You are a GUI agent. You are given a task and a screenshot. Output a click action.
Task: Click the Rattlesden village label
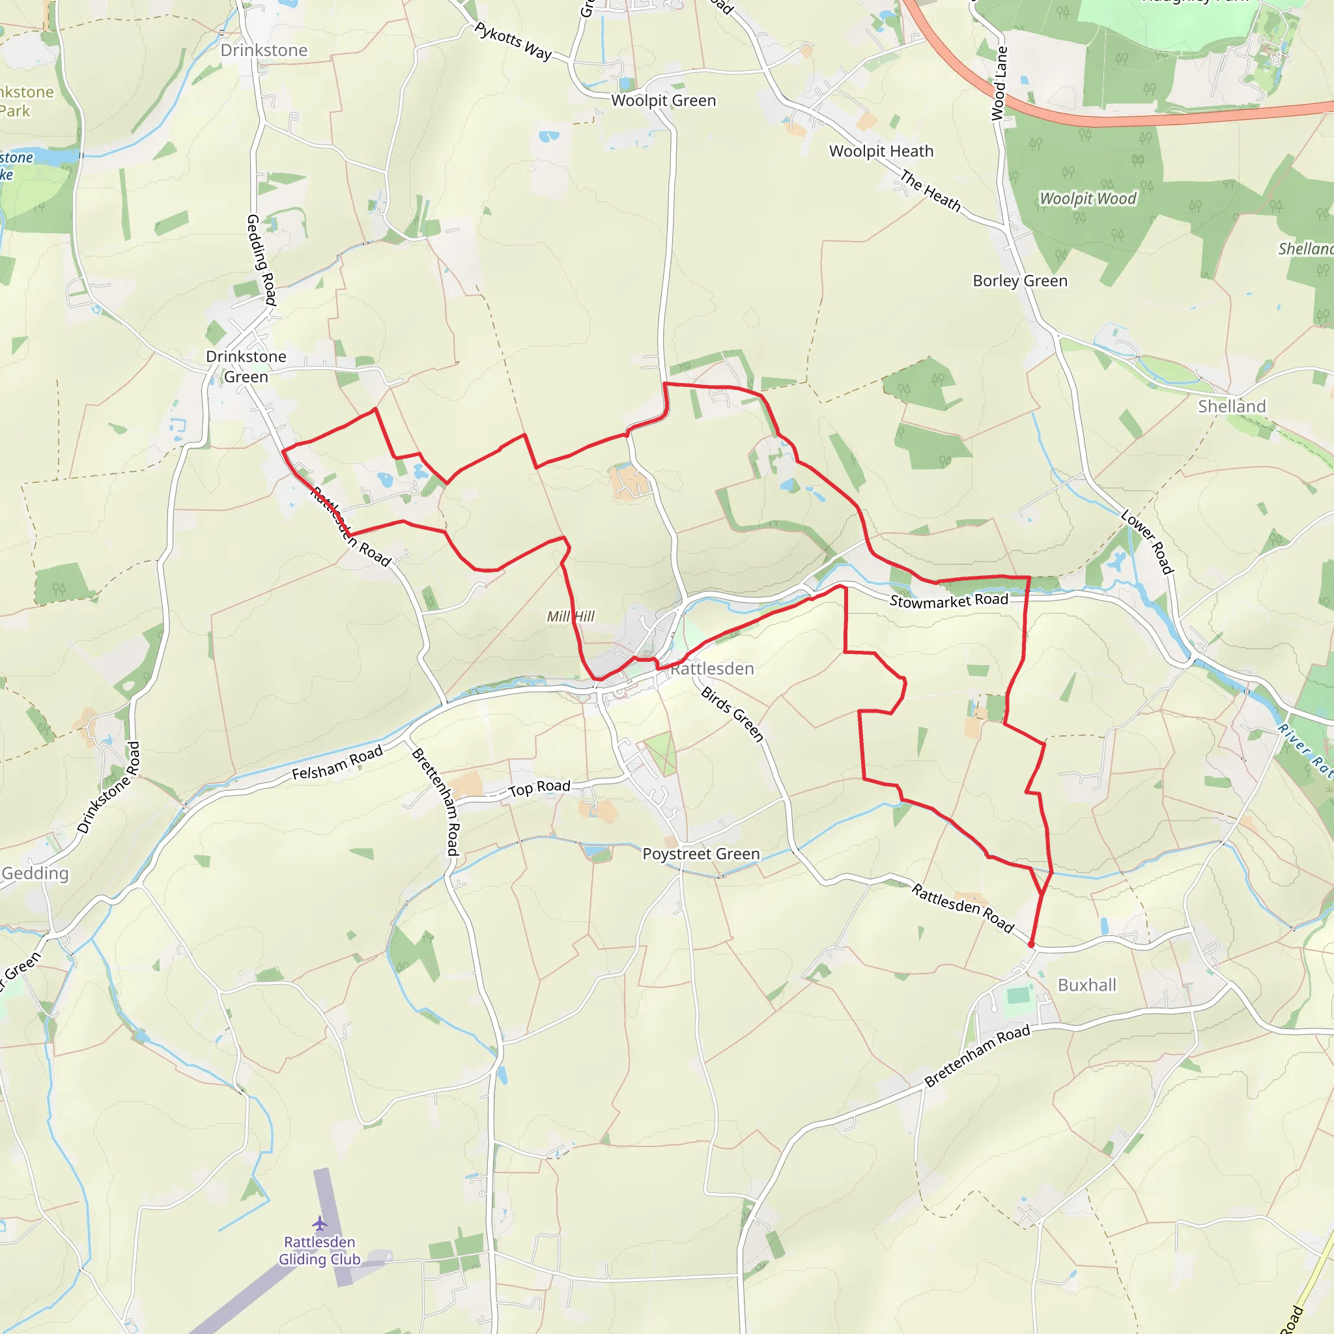tap(712, 668)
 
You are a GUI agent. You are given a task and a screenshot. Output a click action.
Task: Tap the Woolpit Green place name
tap(664, 101)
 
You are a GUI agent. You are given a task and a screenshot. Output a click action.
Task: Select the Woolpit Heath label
tap(881, 151)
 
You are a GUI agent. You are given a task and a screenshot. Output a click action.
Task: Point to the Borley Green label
tap(1020, 281)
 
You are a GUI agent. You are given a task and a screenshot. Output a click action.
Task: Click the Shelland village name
tap(1232, 406)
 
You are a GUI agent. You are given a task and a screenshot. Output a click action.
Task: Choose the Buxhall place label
tap(1087, 985)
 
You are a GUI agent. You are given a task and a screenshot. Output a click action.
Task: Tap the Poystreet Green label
tap(701, 854)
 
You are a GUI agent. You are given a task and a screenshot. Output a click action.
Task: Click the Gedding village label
tap(35, 873)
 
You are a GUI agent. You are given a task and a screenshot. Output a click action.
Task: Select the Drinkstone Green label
tap(246, 367)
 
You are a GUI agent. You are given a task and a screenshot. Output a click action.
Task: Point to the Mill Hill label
tap(571, 616)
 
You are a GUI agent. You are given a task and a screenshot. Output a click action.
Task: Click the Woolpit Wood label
tap(1088, 199)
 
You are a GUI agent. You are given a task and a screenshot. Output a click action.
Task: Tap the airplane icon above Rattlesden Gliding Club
tap(319, 1223)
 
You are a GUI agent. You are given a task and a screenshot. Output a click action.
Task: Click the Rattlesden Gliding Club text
tap(319, 1251)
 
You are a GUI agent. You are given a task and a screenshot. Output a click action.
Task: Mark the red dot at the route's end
tap(1031, 944)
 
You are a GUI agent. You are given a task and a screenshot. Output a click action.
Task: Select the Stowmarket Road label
tap(948, 601)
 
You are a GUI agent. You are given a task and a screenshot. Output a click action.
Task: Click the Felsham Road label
tap(337, 763)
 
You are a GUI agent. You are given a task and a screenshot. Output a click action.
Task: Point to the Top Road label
tap(539, 788)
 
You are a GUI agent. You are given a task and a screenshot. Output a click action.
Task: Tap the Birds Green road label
tap(733, 714)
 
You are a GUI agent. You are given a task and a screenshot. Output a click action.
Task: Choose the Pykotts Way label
tap(513, 41)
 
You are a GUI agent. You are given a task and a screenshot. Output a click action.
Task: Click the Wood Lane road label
tap(999, 83)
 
